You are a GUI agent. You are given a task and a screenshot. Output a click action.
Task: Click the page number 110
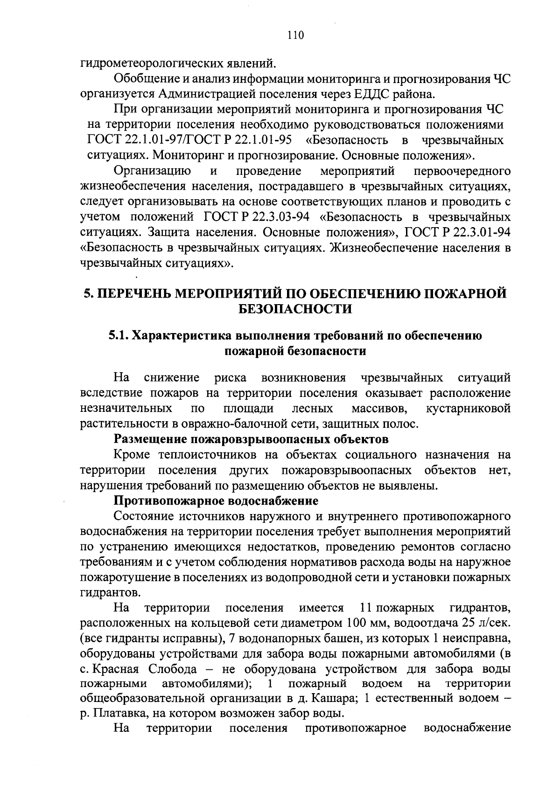pos(296,35)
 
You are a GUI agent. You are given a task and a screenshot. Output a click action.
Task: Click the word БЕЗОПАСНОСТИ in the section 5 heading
pos(295,309)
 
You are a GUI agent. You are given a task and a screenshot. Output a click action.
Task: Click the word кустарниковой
pos(468,409)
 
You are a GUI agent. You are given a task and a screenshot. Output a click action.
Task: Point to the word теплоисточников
pos(207,455)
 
